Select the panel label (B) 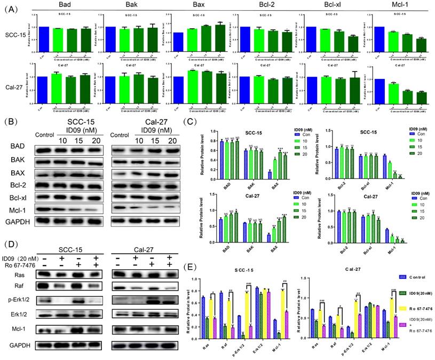pos(12,122)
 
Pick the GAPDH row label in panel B pos(18,221)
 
